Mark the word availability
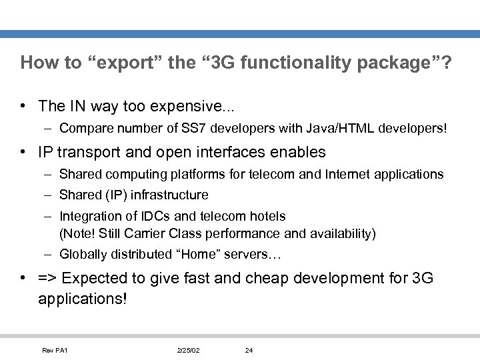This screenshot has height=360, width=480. click(339, 233)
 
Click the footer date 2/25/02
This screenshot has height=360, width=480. click(189, 350)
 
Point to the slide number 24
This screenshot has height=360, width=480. click(248, 350)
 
